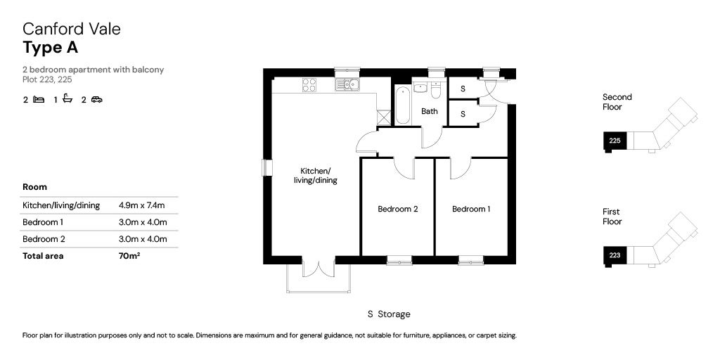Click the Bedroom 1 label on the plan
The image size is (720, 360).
[x=471, y=209]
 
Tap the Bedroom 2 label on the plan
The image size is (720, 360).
[x=398, y=209]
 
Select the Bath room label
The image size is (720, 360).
[x=430, y=111]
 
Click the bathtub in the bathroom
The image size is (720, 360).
[x=403, y=105]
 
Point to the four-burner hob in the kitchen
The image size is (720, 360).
[x=309, y=85]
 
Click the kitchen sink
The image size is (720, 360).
[x=347, y=85]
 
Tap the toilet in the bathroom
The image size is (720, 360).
[x=436, y=90]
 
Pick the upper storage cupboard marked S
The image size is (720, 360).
[x=463, y=89]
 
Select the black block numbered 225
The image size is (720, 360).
[x=615, y=141]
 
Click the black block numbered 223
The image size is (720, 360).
[x=615, y=255]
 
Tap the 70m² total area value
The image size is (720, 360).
[x=129, y=256]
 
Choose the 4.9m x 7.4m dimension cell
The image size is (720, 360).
[x=141, y=205]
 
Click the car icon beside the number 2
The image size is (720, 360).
[x=96, y=99]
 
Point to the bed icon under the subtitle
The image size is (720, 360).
[x=39, y=99]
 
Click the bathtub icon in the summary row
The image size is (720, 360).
[x=67, y=98]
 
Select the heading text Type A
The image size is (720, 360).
[x=51, y=49]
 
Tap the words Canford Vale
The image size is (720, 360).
[x=72, y=29]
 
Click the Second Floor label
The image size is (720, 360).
[x=617, y=102]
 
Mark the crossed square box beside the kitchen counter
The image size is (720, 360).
[x=383, y=117]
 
